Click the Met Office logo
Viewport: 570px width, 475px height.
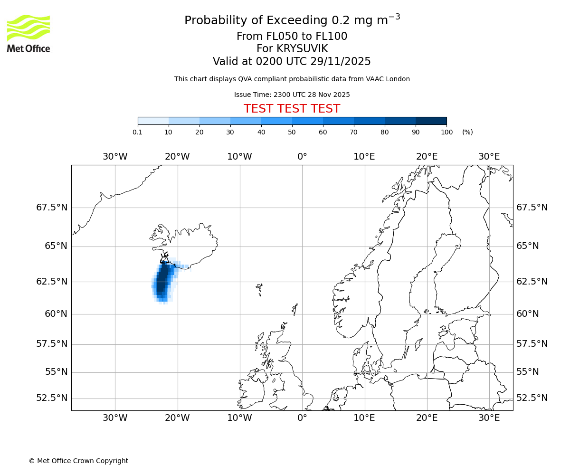[28, 33]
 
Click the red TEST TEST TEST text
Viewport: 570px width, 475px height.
[292, 109]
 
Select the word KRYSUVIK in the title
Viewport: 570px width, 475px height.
[292, 49]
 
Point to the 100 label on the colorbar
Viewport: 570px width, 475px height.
[446, 132]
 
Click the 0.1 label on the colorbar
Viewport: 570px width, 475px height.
[138, 132]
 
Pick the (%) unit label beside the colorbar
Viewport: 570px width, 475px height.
[467, 132]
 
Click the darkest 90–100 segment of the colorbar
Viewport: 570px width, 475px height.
[431, 121]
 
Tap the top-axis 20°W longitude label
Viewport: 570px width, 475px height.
[177, 157]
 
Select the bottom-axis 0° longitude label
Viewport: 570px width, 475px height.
[302, 418]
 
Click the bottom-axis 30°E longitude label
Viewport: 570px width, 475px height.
[489, 418]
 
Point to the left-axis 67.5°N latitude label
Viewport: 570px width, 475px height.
[52, 208]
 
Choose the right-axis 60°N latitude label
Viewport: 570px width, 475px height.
[527, 314]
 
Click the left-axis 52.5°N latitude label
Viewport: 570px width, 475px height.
[52, 398]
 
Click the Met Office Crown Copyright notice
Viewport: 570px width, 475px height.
[78, 461]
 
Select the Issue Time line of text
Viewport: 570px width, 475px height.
[292, 95]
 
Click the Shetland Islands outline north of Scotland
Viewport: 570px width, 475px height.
[295, 309]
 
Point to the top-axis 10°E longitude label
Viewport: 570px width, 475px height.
[364, 157]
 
